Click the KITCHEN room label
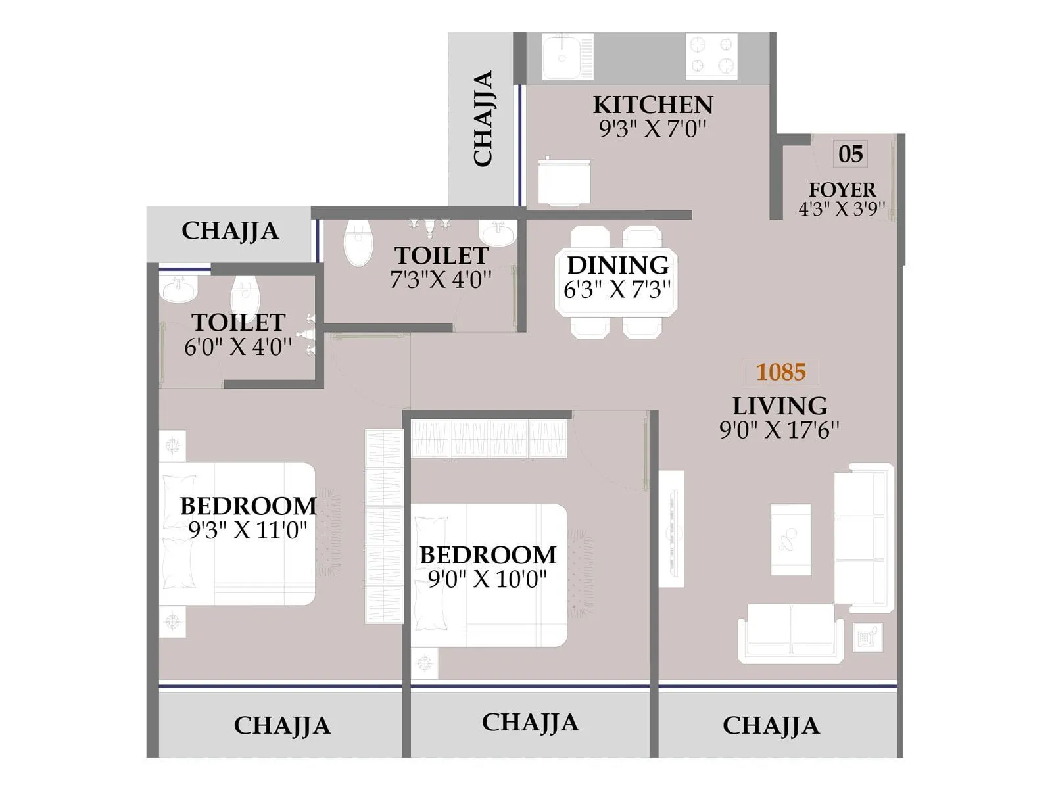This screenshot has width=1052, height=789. tap(652, 105)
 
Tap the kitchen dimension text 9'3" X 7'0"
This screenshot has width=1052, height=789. tap(652, 129)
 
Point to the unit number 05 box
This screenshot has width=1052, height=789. tap(850, 155)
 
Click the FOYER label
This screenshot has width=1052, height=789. tap(842, 189)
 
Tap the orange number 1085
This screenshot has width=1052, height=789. tap(780, 372)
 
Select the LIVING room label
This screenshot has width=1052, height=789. tap(780, 406)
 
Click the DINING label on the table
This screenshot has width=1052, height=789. tap(617, 266)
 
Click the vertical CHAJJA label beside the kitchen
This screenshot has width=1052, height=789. tap(483, 118)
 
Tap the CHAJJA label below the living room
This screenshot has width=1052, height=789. tap(771, 726)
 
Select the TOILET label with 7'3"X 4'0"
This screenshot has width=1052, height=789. tap(441, 256)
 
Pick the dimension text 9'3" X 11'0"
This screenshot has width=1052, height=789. tap(248, 530)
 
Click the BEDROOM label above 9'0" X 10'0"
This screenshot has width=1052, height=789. tap(488, 556)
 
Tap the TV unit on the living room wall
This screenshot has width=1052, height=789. tap(671, 529)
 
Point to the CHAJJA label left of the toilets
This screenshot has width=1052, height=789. tap(230, 231)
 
